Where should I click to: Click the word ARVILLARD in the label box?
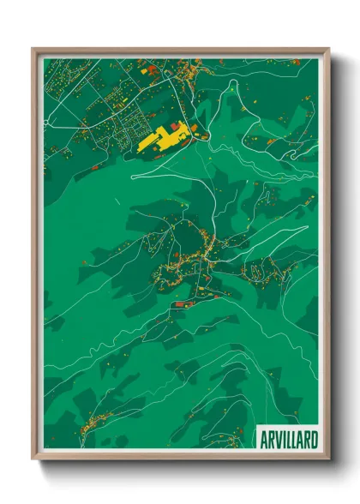[289, 438]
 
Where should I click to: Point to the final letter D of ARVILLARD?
[314, 438]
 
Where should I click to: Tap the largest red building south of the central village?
[181, 304]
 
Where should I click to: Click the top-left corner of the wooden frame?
[34, 50]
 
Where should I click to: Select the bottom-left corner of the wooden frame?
[34, 458]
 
